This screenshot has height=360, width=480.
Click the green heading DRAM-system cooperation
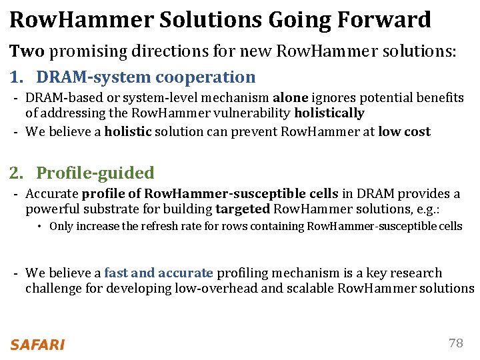(145, 77)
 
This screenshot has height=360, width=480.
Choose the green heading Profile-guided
(95, 173)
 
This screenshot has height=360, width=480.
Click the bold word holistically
(329, 113)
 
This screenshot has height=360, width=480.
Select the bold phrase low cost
(404, 131)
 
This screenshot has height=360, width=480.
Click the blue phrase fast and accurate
(159, 273)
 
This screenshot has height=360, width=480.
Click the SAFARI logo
(37, 345)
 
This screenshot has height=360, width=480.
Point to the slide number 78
(456, 343)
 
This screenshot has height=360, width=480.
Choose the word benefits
(441, 98)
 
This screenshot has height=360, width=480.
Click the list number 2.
(15, 173)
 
